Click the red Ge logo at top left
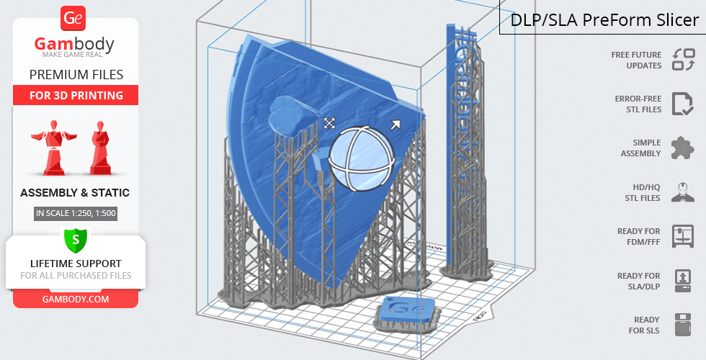pyautogui.click(x=73, y=18)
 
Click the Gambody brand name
pyautogui.click(x=74, y=44)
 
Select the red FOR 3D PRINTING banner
pyautogui.click(x=76, y=95)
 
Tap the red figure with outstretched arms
pyautogui.click(x=54, y=148)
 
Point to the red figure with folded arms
pyautogui.click(x=101, y=148)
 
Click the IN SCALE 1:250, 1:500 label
pyautogui.click(x=76, y=213)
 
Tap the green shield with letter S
pyautogui.click(x=76, y=239)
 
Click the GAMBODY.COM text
pyautogui.click(x=76, y=300)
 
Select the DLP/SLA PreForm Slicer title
pyautogui.click(x=604, y=20)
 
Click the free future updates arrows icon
pyautogui.click(x=684, y=60)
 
